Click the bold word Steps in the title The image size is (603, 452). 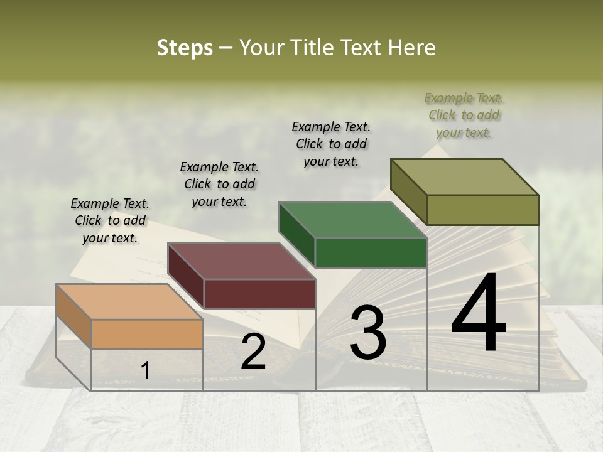(x=184, y=48)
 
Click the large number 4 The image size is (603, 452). (x=479, y=314)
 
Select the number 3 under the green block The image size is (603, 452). (x=368, y=333)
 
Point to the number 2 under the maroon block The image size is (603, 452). (x=253, y=352)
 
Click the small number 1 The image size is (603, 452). (x=146, y=371)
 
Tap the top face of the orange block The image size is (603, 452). (x=129, y=302)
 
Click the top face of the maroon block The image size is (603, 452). (x=241, y=261)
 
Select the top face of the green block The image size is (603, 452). (x=352, y=220)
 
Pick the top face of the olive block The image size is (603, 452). (x=465, y=177)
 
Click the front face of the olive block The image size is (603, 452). (x=482, y=210)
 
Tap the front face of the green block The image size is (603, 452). (x=371, y=252)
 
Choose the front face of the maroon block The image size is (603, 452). (x=259, y=294)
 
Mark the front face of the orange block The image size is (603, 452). (x=148, y=334)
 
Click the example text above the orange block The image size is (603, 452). (x=110, y=220)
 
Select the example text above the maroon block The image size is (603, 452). (x=219, y=184)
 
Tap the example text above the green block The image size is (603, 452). (x=331, y=144)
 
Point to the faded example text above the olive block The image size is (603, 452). (x=464, y=115)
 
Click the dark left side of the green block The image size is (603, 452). (x=296, y=235)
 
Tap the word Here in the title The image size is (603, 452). (x=413, y=48)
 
